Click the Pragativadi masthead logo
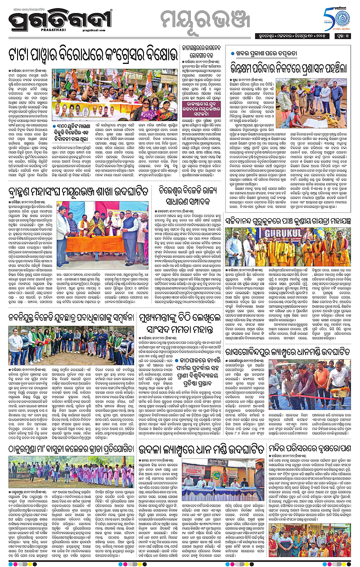[x=66, y=21]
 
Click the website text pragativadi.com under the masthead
[x=105, y=31]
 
